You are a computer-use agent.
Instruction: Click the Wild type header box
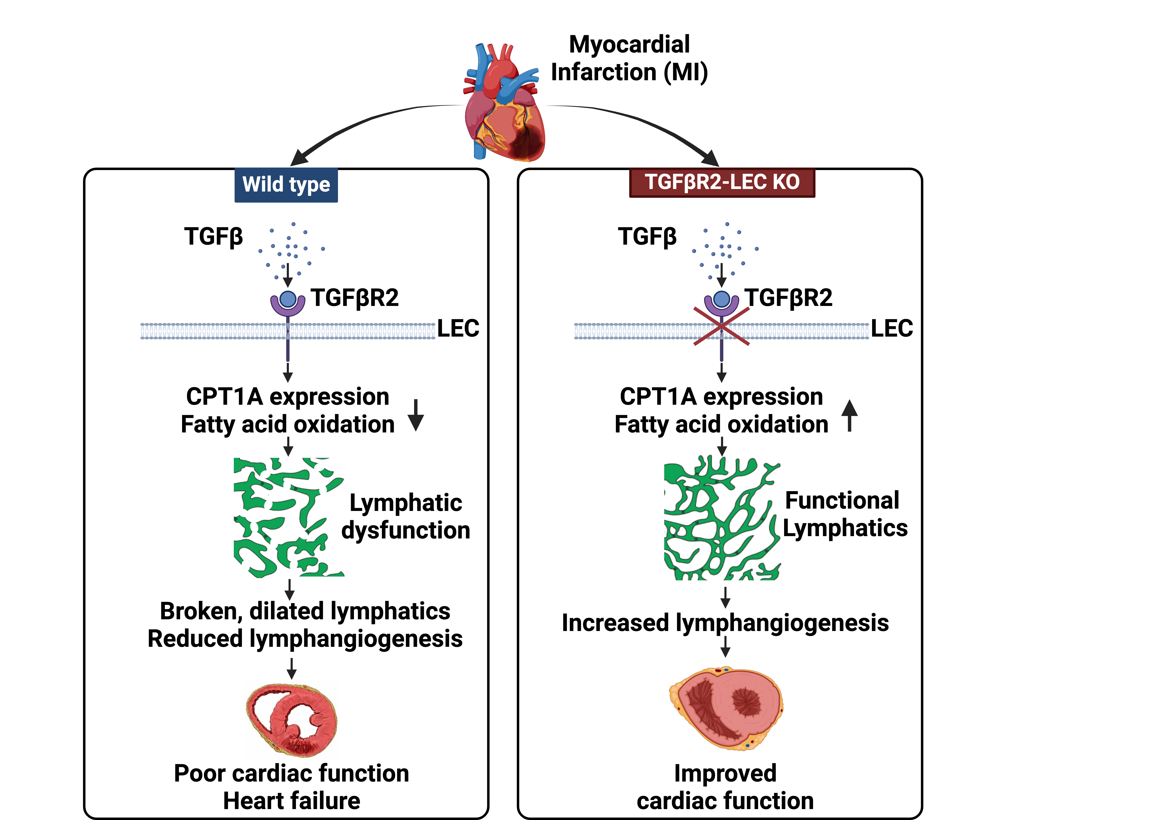pyautogui.click(x=286, y=185)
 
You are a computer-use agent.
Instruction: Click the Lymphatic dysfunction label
pyautogui.click(x=406, y=516)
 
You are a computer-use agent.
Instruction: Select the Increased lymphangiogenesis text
pyautogui.click(x=725, y=623)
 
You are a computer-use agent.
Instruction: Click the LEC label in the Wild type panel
pyautogui.click(x=458, y=328)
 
